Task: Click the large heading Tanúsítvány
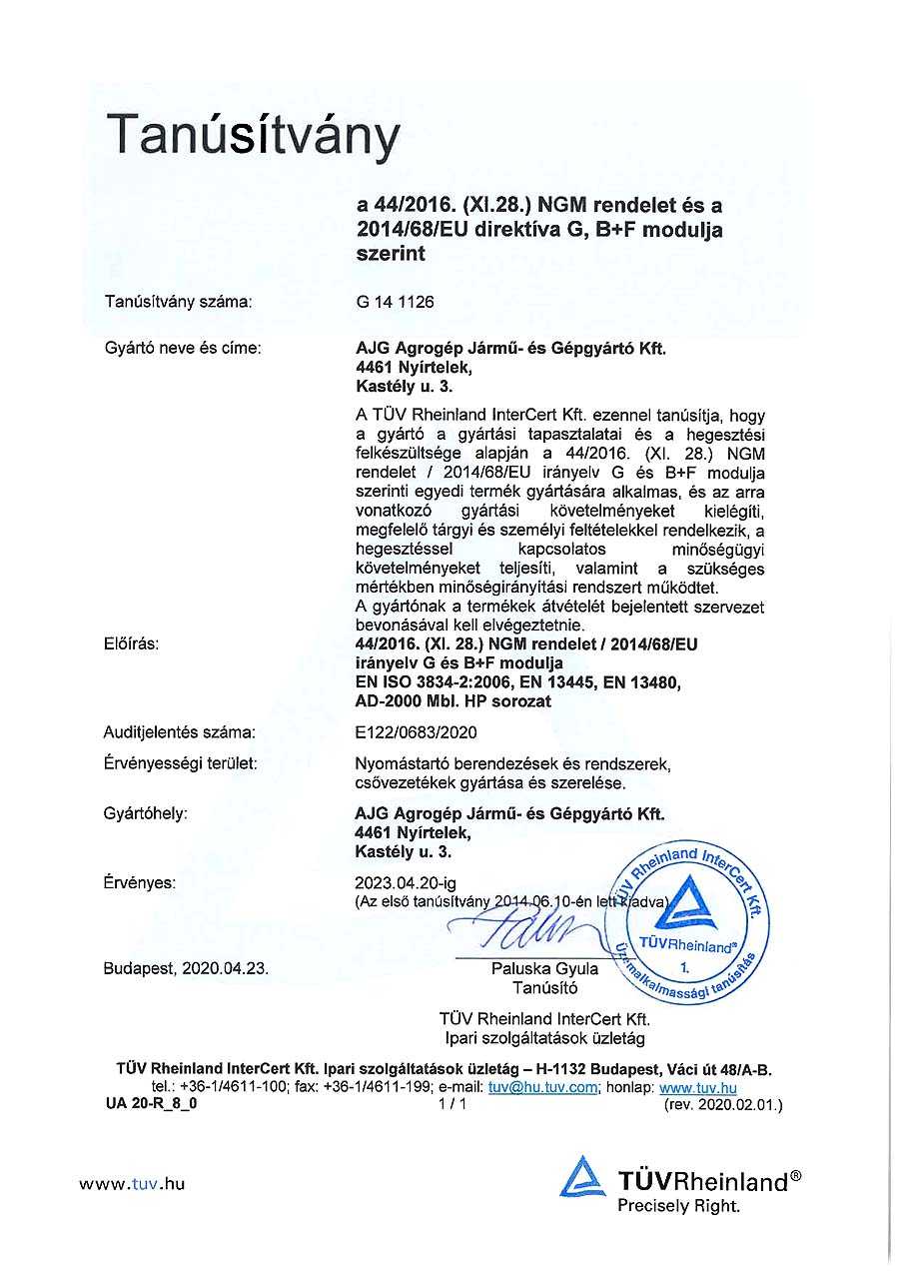click(x=253, y=137)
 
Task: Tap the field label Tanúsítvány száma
click(x=178, y=301)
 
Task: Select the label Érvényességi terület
click(x=181, y=763)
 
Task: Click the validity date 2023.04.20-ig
click(x=406, y=882)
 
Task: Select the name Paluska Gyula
click(x=544, y=968)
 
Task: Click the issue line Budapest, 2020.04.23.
click(x=186, y=968)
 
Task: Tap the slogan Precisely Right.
click(x=678, y=1206)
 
